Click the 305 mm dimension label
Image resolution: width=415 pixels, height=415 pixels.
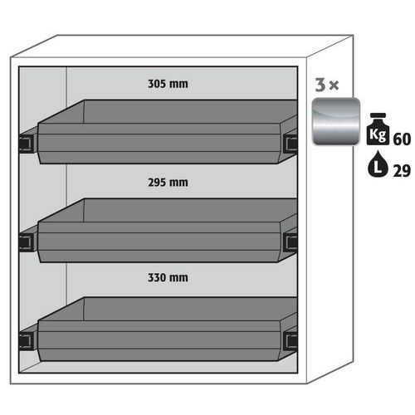pos(168,84)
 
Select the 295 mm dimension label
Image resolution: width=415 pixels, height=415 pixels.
pos(168,183)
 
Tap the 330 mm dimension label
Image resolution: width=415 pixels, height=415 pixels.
pos(168,278)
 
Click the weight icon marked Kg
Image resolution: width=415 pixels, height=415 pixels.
pos(378,129)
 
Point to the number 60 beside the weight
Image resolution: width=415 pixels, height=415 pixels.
pos(402,139)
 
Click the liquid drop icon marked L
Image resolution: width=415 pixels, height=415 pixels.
pos(378,164)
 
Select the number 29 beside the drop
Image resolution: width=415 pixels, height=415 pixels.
pos(402,171)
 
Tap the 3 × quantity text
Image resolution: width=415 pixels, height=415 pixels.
pos(327,85)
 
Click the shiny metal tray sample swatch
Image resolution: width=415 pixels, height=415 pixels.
pos(336,121)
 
